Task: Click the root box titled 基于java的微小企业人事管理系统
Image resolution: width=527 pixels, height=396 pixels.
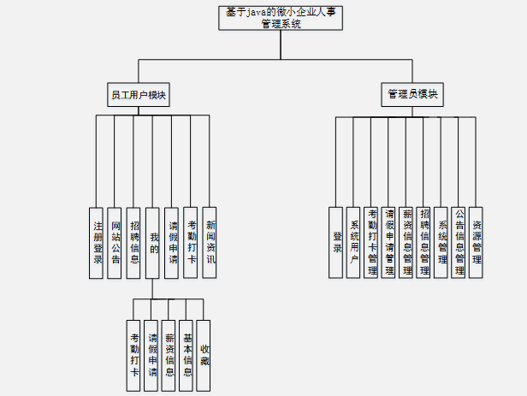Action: pos(281,18)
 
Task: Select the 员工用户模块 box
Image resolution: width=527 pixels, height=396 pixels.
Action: pos(138,95)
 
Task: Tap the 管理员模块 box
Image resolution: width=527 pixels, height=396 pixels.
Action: pos(412,95)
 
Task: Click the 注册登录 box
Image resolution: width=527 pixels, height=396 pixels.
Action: pos(97,242)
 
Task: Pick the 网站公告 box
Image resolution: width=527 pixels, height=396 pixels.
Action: pos(115,242)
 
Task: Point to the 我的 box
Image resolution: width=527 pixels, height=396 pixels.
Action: pos(153,242)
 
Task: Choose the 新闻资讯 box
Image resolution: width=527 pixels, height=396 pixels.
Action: pos(210,242)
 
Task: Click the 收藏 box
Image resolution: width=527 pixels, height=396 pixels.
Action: pos(204,355)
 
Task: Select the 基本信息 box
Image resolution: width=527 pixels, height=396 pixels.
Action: pos(187,355)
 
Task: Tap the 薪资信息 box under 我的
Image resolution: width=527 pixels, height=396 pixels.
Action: pos(169,355)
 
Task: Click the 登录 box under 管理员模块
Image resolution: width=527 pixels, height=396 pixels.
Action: pos(336,242)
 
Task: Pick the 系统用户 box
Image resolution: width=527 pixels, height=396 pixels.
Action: pos(354,242)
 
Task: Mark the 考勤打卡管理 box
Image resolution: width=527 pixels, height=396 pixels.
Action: pos(371,242)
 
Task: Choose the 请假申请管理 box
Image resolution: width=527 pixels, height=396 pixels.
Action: pos(389,242)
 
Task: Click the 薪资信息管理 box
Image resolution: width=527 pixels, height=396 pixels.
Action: pos(406,242)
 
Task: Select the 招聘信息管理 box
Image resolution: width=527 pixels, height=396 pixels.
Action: pos(424,242)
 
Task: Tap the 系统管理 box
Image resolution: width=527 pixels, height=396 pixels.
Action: pos(441,242)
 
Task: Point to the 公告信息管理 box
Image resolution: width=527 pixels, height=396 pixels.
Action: pos(459,242)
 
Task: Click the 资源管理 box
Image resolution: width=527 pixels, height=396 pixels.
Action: pos(477,242)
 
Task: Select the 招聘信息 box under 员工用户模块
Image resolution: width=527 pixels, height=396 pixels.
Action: pos(134,242)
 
